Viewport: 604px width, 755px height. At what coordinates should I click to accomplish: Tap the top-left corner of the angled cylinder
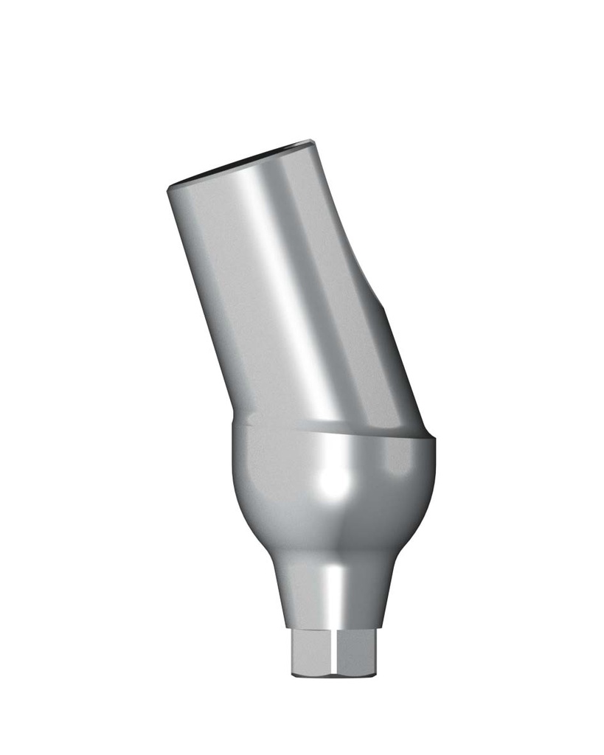point(170,187)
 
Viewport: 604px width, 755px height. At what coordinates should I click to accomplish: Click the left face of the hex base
point(309,653)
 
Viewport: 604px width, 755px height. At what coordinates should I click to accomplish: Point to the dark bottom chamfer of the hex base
point(336,674)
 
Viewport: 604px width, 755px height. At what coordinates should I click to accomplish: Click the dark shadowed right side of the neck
point(383,590)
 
